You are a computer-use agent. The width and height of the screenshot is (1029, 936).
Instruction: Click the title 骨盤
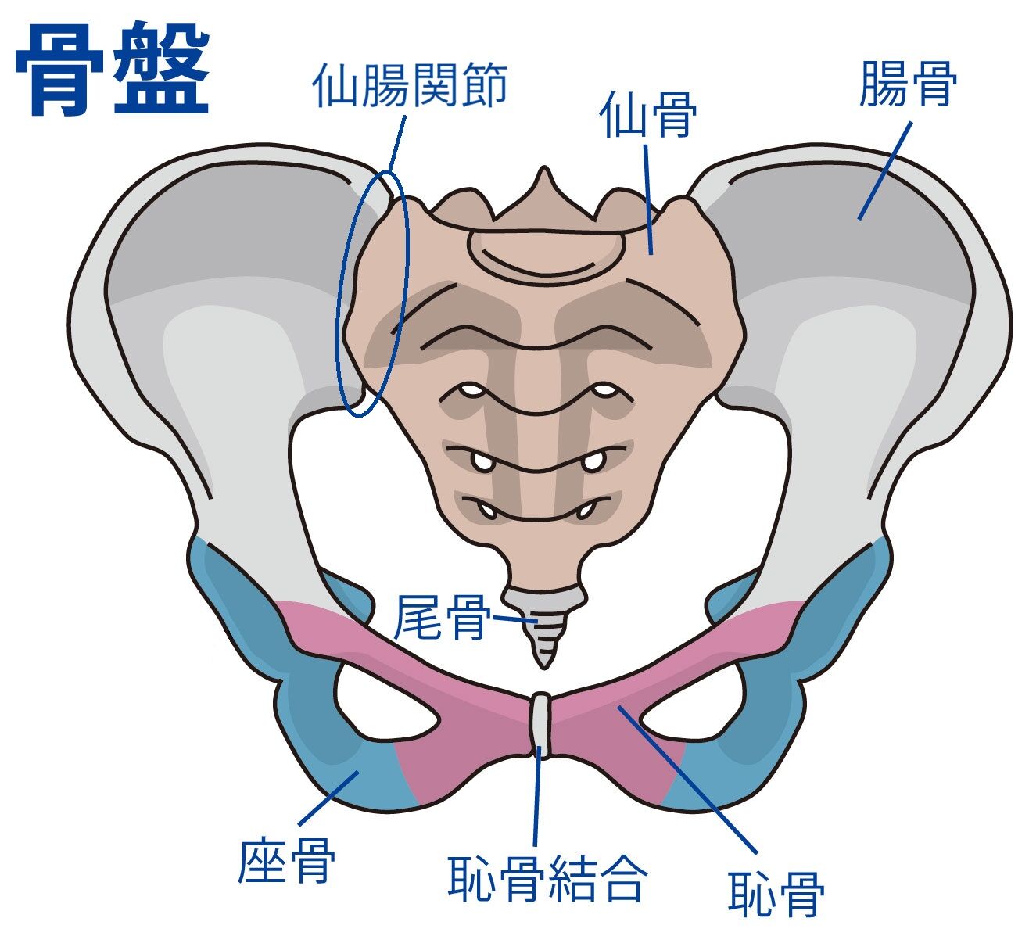pos(113,68)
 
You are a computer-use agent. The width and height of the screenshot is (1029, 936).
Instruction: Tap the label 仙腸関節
pos(411,84)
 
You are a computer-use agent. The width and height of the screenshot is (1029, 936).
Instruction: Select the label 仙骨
pos(648,114)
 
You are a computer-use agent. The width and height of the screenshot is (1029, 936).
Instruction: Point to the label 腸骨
pos(908,83)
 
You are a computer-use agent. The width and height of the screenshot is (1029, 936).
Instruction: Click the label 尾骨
pos(440,617)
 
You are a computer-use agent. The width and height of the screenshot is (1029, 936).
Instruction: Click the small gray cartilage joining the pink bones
pos(540,725)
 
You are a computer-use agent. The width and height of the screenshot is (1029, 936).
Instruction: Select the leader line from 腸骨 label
pos(885,171)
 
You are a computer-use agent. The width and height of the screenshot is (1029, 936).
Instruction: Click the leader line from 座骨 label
pos(328,798)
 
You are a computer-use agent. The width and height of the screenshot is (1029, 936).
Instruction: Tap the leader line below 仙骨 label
pos(648,199)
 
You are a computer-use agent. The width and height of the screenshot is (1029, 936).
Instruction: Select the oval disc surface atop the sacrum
pos(546,253)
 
